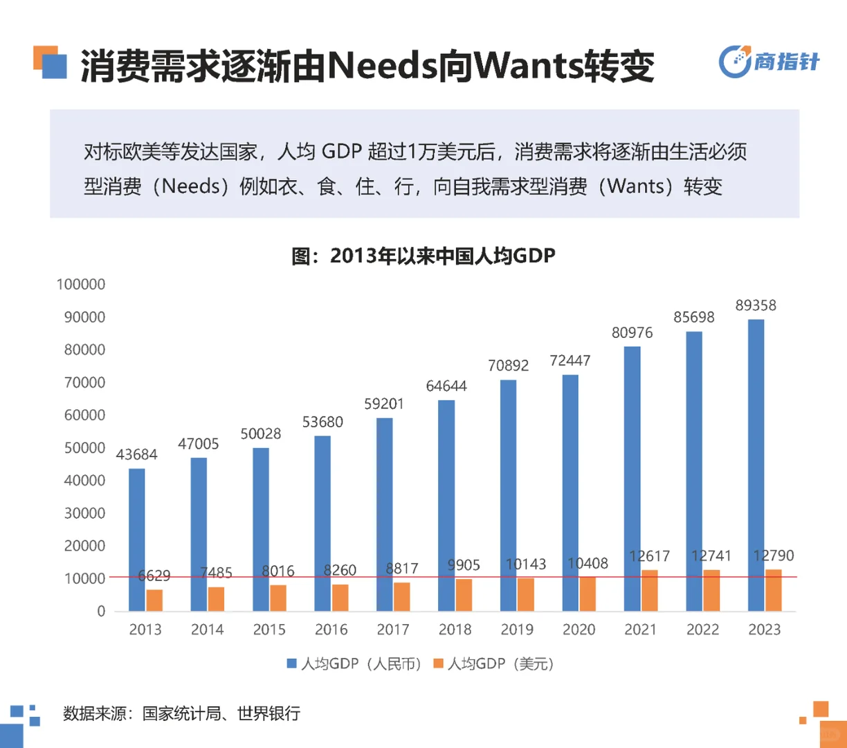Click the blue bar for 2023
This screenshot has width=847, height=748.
click(756, 464)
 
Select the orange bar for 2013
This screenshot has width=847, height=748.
click(154, 600)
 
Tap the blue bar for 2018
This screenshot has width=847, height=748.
click(446, 505)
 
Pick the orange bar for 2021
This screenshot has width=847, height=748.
click(649, 590)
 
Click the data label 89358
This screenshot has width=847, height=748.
click(756, 305)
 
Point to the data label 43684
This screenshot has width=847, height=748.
click(136, 454)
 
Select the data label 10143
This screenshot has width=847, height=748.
click(525, 564)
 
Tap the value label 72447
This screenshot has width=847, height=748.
click(570, 361)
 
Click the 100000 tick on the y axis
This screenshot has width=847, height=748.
click(81, 284)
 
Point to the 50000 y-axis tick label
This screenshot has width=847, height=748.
click(84, 448)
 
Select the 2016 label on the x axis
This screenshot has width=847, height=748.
click(331, 630)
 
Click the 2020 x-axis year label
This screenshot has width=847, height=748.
click(579, 630)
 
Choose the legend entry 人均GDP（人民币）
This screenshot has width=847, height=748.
click(354, 664)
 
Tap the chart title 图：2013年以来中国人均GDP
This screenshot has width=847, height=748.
click(423, 256)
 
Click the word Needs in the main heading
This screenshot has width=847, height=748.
click(382, 66)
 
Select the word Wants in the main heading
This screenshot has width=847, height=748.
click(529, 66)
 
